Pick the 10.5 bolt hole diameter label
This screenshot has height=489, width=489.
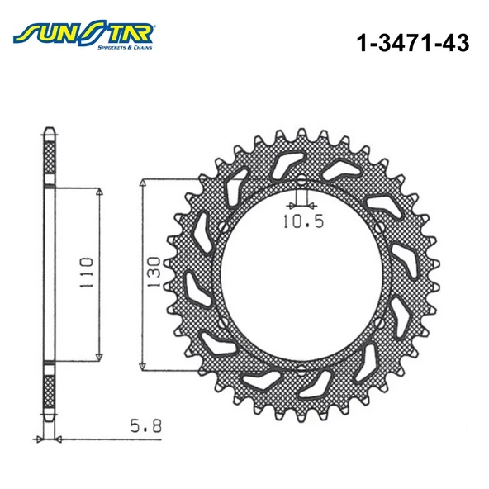(299, 221)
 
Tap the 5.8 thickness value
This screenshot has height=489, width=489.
(145, 429)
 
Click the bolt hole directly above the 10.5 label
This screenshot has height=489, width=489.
(300, 182)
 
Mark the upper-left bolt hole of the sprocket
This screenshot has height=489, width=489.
(221, 228)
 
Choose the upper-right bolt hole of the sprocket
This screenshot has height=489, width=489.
(379, 228)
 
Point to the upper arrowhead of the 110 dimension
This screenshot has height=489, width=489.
(99, 192)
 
